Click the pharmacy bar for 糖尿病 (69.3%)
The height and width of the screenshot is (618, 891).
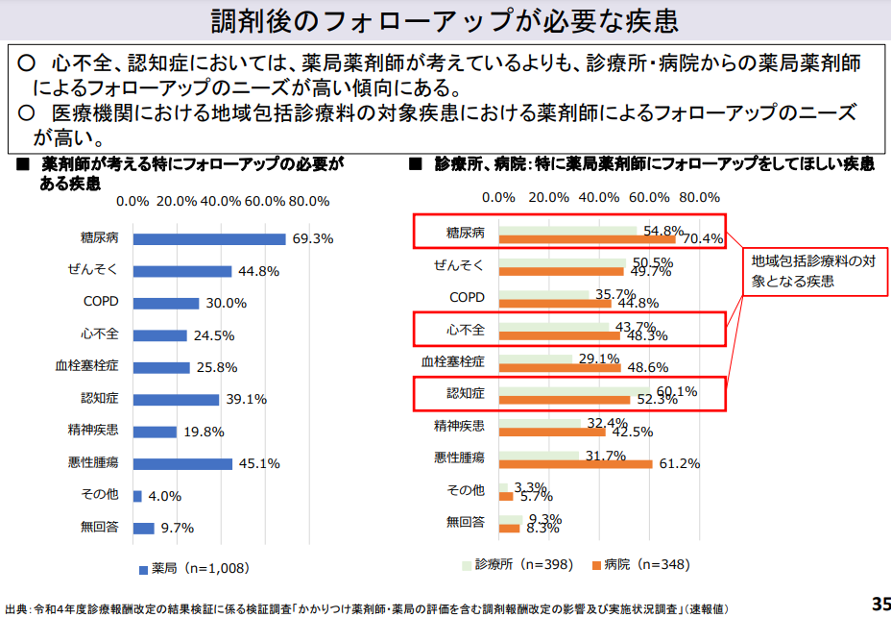coord(209,239)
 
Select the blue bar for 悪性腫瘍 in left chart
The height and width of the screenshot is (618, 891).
coord(182,464)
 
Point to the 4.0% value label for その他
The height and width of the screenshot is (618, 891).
coord(165,497)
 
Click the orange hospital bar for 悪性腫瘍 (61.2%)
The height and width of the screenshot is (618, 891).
coord(576,464)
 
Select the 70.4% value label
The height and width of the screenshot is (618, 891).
coord(702,239)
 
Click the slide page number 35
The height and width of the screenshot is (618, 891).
coord(879,604)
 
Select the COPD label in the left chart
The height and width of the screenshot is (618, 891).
coord(100,303)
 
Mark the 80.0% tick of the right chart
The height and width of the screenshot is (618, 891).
coord(699,197)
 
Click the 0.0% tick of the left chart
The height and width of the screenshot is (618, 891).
coord(132,201)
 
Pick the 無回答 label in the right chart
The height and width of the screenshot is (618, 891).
coord(465,522)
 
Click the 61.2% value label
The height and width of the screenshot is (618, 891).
coord(679,463)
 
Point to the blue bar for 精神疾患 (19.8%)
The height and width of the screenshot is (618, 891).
coord(155,433)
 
